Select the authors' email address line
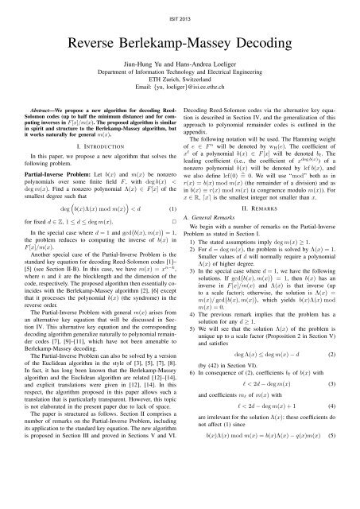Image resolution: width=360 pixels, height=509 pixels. pyautogui.click(x=180, y=95)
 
